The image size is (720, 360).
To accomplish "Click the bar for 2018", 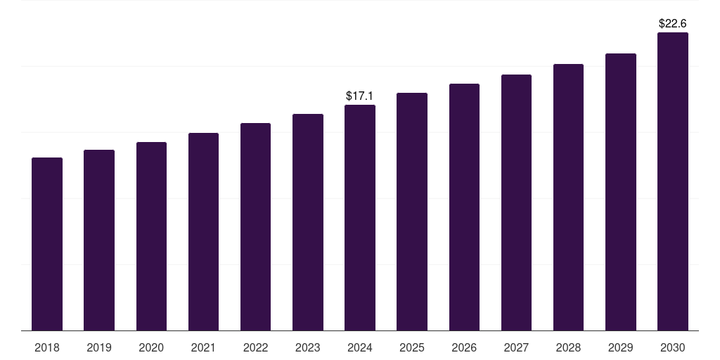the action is click(47, 244).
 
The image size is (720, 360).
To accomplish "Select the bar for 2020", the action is click(151, 236).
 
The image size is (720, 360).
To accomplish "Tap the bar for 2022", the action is click(255, 227).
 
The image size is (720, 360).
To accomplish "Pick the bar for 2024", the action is click(360, 218).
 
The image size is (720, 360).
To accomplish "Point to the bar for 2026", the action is click(464, 207).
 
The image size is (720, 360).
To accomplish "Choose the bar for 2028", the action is click(568, 198).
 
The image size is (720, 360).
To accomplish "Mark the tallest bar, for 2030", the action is click(673, 181).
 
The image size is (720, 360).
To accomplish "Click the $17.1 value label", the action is click(359, 96).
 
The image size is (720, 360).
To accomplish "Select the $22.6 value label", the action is click(673, 23).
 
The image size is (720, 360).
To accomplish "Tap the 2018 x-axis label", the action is click(47, 347).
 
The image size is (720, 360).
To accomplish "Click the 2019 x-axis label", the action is click(99, 347).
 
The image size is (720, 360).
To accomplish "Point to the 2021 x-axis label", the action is click(203, 347).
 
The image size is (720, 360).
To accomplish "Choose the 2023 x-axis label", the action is click(308, 347).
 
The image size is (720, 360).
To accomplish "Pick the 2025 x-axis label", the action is click(412, 347).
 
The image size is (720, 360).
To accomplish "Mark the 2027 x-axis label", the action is click(516, 347).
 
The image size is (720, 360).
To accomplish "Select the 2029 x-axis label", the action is click(621, 347).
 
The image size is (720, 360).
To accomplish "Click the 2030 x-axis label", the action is click(673, 347).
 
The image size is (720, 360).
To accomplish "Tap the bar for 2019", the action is click(99, 240).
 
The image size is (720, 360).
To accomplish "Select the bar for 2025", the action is click(412, 212).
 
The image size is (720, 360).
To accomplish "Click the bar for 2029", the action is click(621, 192).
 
